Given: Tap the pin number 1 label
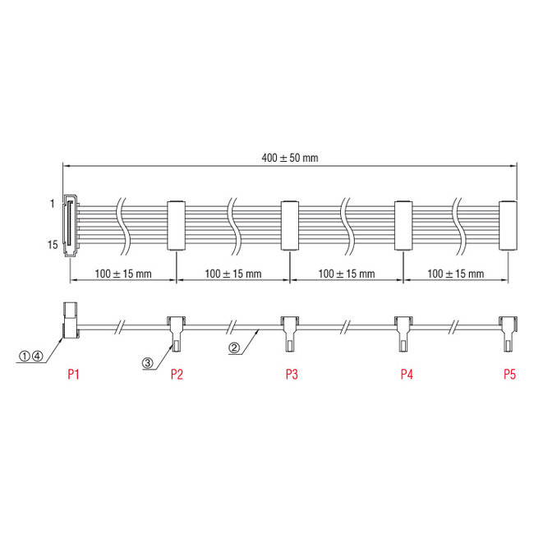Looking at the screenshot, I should [51, 202].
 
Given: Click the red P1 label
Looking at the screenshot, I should [73, 375].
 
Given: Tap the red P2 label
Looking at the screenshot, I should [177, 375].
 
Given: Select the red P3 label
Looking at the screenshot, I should [292, 375].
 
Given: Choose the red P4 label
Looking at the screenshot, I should [406, 375].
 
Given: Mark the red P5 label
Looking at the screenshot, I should [509, 375].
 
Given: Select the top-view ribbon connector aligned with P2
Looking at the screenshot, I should [177, 225].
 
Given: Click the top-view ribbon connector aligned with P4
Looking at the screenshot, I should [402, 225].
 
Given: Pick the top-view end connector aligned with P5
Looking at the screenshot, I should [509, 225].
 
